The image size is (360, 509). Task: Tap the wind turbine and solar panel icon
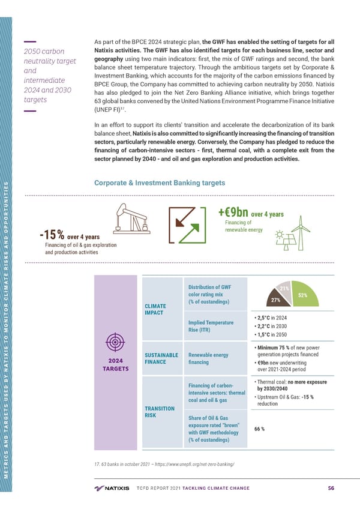tap(290, 236)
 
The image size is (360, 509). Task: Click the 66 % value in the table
tap(260, 429)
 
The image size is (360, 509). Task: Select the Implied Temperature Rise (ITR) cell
tap(211, 326)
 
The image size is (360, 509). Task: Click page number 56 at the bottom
tap(331, 488)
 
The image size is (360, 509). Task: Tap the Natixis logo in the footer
tap(112, 488)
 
